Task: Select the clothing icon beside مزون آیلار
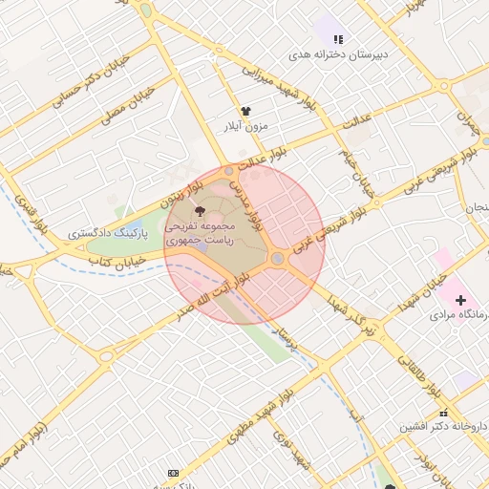245,111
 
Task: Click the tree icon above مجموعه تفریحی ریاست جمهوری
199,210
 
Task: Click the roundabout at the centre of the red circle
277,259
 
